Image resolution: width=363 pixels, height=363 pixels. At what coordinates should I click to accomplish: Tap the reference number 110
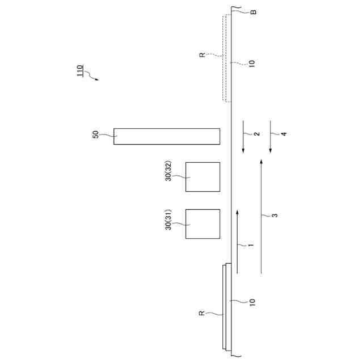pos(79,70)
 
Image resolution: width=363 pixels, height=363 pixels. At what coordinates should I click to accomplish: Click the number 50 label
pos(95,135)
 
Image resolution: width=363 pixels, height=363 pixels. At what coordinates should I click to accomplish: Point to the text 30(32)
pos(168,171)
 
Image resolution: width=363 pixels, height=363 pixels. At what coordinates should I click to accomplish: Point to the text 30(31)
pos(168,220)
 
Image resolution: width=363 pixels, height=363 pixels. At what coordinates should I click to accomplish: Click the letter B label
pos(254,12)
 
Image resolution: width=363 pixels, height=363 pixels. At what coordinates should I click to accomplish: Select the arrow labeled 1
pos(237,242)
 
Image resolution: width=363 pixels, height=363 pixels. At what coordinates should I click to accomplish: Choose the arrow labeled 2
pos(243,137)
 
